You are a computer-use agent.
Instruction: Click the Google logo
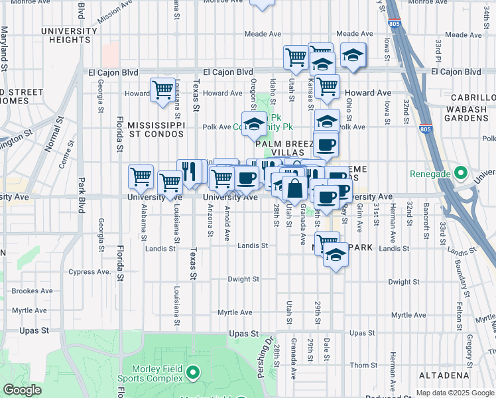(22, 391)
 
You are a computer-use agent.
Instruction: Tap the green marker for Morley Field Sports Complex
(193, 373)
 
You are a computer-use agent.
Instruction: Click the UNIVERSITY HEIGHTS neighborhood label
(70, 36)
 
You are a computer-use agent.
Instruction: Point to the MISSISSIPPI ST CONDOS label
(155, 129)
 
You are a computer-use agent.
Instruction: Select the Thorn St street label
(363, 365)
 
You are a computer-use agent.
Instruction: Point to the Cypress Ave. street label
(90, 272)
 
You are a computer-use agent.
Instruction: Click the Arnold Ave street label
(227, 222)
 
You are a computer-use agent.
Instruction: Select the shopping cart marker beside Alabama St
(141, 177)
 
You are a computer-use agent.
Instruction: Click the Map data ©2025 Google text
(454, 393)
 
